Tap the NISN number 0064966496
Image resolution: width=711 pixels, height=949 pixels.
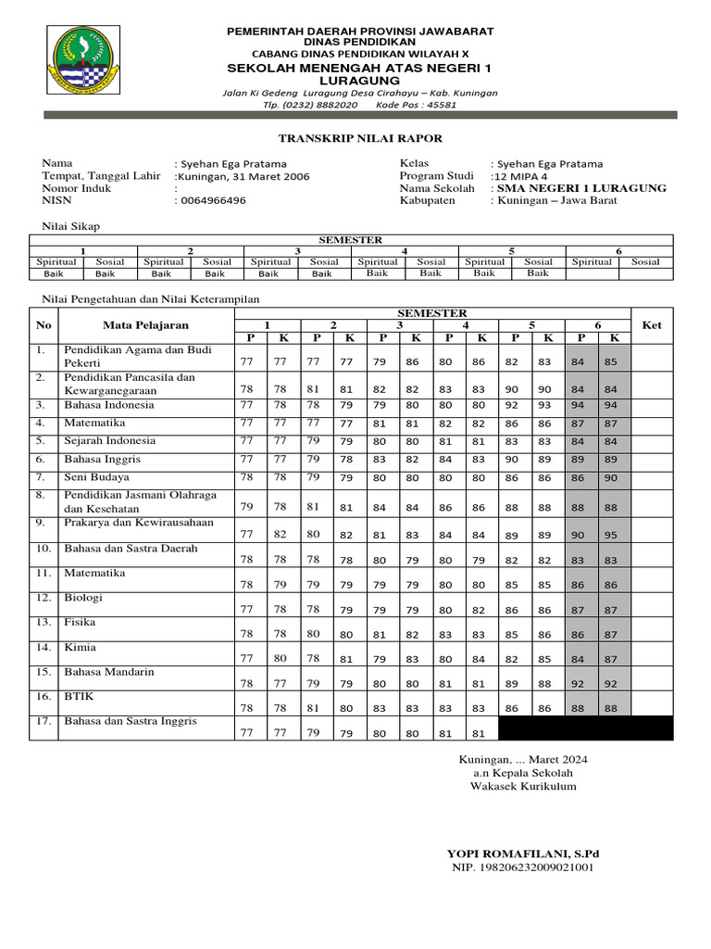[x=214, y=201]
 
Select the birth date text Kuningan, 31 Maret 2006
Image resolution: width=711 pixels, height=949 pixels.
[x=243, y=176]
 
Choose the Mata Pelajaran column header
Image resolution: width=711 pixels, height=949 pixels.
[x=145, y=325]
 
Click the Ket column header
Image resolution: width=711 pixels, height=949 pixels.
[x=652, y=325]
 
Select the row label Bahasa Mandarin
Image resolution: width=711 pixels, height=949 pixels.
[x=109, y=672]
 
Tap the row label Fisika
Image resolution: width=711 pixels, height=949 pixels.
[x=80, y=623]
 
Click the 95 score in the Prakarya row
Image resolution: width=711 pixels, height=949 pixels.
[x=610, y=535]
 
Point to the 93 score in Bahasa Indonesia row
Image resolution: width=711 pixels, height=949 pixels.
[x=544, y=406]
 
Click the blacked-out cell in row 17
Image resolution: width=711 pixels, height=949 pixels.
[x=586, y=728]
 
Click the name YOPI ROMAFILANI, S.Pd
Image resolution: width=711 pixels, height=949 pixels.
[x=523, y=853]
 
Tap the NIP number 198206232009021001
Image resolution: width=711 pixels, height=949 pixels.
[x=523, y=868]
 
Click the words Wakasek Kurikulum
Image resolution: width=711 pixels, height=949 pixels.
[x=523, y=787]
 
